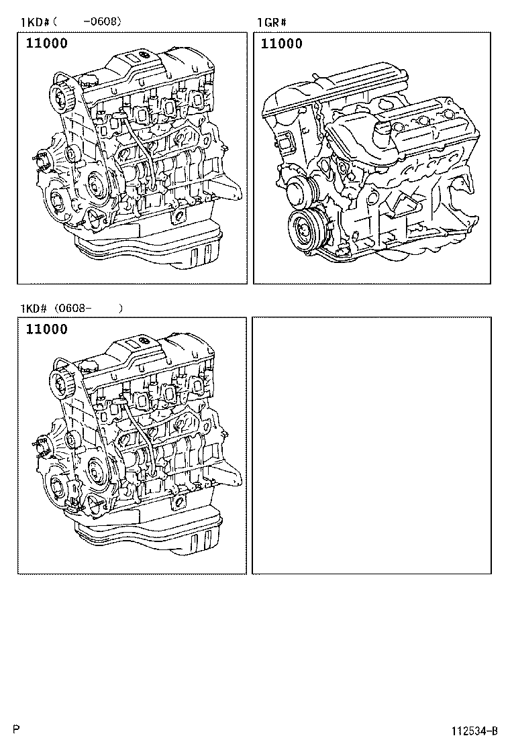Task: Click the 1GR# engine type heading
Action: point(272,23)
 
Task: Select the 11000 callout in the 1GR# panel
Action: point(281,44)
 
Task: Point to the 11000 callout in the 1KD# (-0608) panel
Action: point(46,44)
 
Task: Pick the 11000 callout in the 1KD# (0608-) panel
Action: point(46,329)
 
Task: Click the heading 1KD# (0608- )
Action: point(70,308)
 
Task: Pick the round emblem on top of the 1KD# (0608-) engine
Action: point(142,341)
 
